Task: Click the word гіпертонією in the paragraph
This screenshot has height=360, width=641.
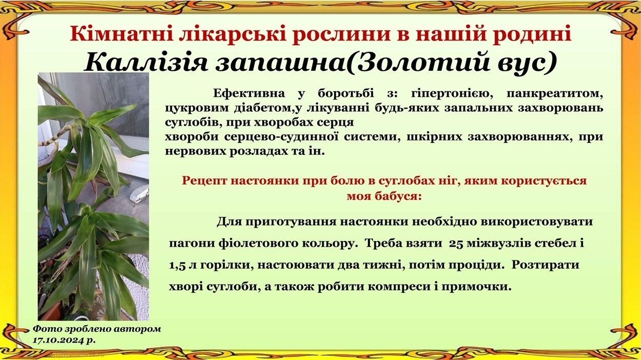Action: coord(452,94)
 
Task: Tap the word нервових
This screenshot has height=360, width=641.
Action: coord(195,151)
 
